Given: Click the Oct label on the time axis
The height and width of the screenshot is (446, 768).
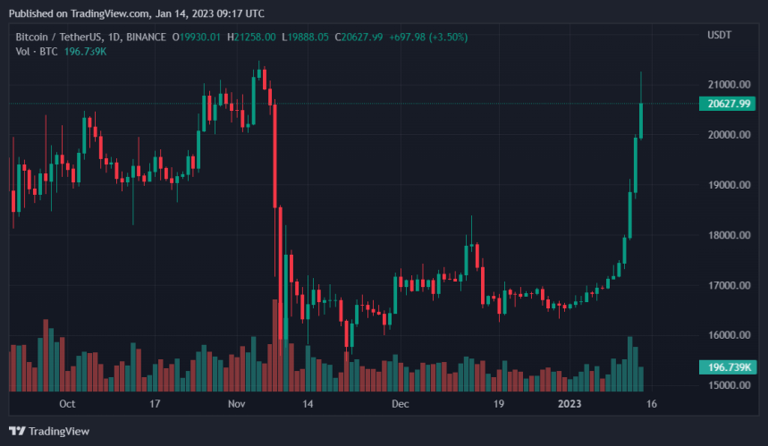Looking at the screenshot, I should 67,404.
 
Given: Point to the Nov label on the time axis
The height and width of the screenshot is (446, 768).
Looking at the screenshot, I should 237,404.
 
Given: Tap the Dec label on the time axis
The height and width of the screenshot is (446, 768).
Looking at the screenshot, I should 400,404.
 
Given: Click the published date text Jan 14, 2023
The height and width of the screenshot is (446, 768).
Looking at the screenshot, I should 177,13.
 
